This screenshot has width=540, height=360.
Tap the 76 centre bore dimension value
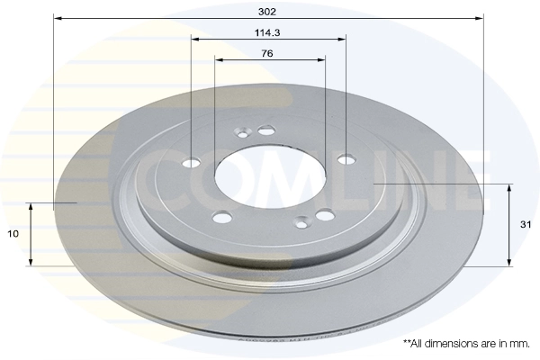coord(269,53)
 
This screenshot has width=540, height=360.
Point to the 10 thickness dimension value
coord(13,234)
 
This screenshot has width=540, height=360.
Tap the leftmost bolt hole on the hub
coord(192,163)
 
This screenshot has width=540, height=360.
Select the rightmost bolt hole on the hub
coord(346,160)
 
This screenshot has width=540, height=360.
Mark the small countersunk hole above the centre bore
coord(265,130)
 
